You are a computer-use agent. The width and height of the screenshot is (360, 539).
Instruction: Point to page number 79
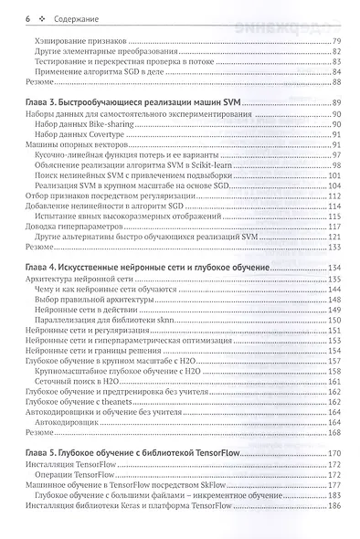[x=336, y=41]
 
